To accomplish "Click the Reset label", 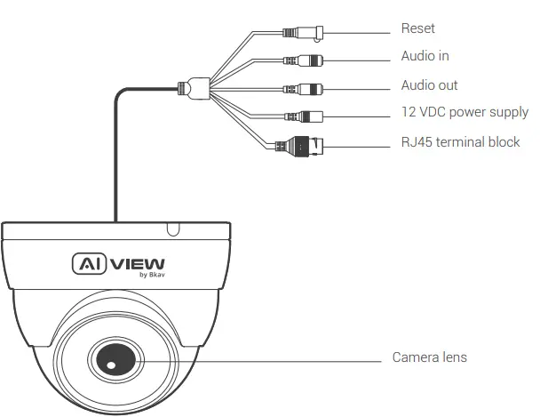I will [417, 29].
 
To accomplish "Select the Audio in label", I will [425, 56].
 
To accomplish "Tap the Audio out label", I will [429, 86].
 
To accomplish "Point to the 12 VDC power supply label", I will [465, 113].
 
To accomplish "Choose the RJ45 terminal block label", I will [460, 142].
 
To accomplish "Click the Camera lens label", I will [429, 357].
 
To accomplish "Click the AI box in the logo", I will [88, 263].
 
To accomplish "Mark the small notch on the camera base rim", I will [173, 229].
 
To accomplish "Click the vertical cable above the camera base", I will [115, 160].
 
